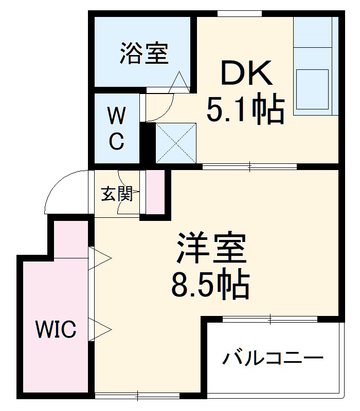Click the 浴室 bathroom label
tap(144, 53)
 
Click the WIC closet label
tap(56, 329)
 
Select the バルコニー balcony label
tap(273, 358)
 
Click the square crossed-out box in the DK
tap(176, 142)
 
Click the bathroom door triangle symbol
tap(179, 81)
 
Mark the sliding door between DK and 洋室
tap(250, 166)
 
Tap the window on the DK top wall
tap(234, 13)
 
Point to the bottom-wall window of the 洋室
tap(137, 395)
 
